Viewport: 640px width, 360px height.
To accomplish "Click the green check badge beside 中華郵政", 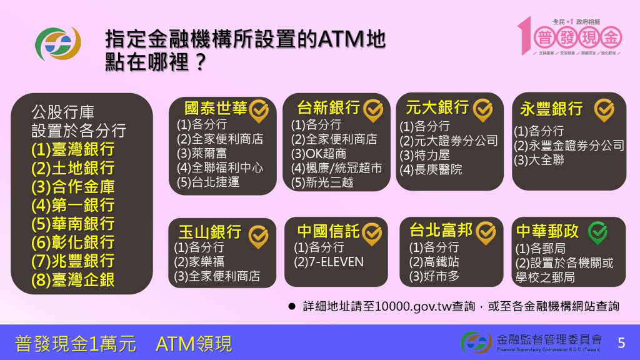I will click(597, 232).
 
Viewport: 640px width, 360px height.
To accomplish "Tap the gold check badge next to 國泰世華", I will click(259, 110).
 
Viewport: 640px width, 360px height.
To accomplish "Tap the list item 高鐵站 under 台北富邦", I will click(434, 261).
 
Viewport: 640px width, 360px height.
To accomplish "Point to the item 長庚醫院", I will click(431, 169).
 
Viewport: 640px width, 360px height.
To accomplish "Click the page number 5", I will click(621, 342).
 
